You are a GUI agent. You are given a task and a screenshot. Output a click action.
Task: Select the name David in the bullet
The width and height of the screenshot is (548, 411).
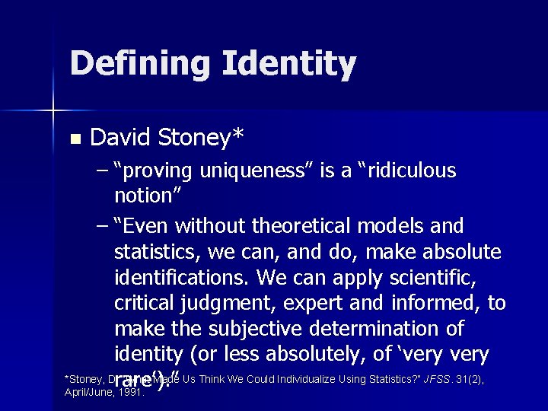pos(121,138)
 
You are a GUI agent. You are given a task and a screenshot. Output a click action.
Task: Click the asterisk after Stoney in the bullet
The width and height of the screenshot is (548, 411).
pos(238,134)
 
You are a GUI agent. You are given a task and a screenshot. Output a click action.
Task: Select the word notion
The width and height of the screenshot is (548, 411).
pos(144,196)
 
